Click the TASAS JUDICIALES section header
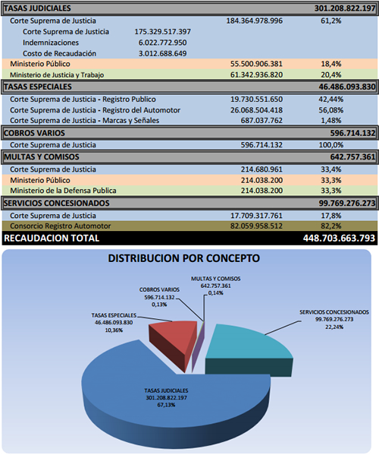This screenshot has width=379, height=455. pyautogui.click(x=37, y=8)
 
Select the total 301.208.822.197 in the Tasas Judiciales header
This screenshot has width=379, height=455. pyautogui.click(x=345, y=8)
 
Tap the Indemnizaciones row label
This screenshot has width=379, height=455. pyautogui.click(x=51, y=43)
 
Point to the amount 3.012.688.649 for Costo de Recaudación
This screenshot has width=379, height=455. pyautogui.click(x=162, y=54)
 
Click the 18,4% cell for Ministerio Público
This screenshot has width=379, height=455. pyautogui.click(x=331, y=64)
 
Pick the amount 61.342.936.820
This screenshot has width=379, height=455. pyautogui.click(x=256, y=75)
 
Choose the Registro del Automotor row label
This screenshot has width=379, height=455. pyautogui.click(x=95, y=110)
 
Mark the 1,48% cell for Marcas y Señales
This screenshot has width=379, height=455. pyautogui.click(x=331, y=121)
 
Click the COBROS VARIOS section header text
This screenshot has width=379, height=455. pyautogui.click(x=34, y=133)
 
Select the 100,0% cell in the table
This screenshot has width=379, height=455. pyautogui.click(x=331, y=145)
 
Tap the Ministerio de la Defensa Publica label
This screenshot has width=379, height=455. pyautogui.click(x=63, y=191)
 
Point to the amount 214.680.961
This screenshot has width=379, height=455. pyautogui.click(x=262, y=169)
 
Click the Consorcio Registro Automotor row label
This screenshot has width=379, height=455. pyautogui.click(x=60, y=226)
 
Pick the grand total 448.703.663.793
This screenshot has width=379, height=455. pyautogui.click(x=339, y=239)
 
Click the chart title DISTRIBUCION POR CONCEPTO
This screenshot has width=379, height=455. pyautogui.click(x=184, y=258)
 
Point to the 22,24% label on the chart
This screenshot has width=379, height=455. pyautogui.click(x=334, y=327)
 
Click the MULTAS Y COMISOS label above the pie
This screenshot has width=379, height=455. pyautogui.click(x=216, y=279)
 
